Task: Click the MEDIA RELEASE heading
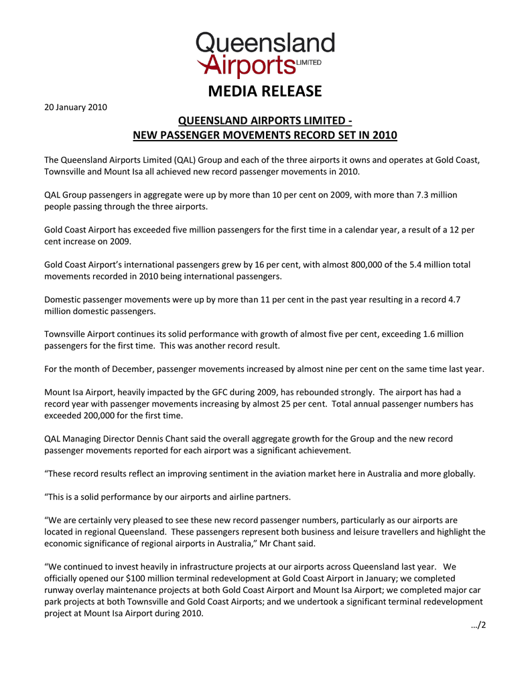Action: [265, 90]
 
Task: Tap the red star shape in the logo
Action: [205, 64]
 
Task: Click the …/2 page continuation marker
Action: [478, 626]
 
